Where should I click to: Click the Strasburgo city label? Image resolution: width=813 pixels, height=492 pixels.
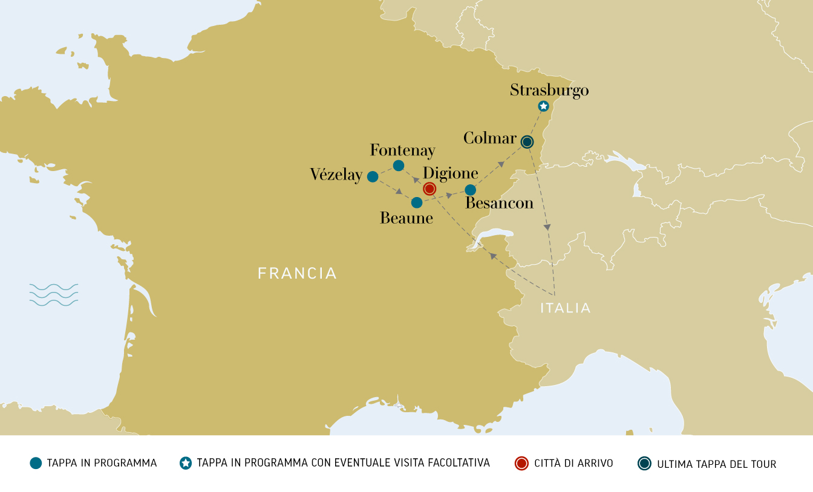coord(549,91)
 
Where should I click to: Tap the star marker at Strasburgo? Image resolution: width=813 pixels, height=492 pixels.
coord(543,106)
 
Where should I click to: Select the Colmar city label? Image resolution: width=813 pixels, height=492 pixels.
coord(490,138)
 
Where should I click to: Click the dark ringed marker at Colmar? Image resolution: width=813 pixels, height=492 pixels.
coord(527,142)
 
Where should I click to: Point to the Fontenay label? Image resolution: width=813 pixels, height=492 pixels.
coord(402,151)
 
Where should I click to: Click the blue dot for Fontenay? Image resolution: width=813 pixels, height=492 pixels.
coord(399,166)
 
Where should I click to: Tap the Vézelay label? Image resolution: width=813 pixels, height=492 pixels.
coord(336,175)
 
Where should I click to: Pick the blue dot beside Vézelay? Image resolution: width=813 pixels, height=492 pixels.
coord(373,176)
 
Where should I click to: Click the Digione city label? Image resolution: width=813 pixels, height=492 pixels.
coord(451,173)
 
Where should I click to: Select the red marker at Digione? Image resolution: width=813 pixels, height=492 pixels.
coord(429,189)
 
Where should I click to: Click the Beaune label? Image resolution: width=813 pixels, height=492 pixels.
coord(406,218)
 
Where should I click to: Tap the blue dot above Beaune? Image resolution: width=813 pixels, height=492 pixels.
coord(417,202)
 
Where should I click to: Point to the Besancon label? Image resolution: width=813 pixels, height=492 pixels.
coord(499,204)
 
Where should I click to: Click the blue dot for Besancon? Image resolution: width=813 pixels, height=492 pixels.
coord(470,190)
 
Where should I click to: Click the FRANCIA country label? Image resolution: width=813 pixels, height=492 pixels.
coord(297,273)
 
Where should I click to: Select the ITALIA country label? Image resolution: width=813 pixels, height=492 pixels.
coord(565,308)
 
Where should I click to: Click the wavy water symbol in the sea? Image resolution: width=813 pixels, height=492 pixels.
coord(54,294)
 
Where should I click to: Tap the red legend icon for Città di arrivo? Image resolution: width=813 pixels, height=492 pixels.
coord(521,464)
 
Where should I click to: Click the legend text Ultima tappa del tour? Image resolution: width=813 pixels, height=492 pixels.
coord(717,464)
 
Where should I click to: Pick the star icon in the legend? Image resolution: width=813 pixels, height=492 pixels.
coord(186,464)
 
